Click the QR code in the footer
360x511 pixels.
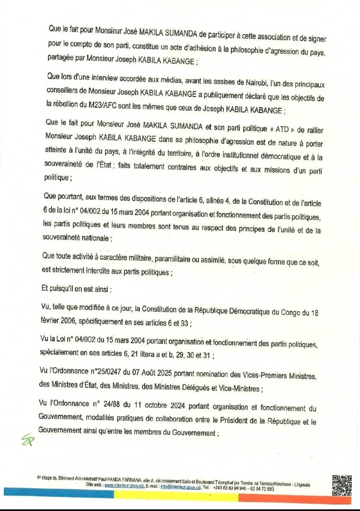(342, 485)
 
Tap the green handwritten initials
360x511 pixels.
(28, 440)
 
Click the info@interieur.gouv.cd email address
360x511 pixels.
(180, 485)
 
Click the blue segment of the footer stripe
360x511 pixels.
(57, 495)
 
